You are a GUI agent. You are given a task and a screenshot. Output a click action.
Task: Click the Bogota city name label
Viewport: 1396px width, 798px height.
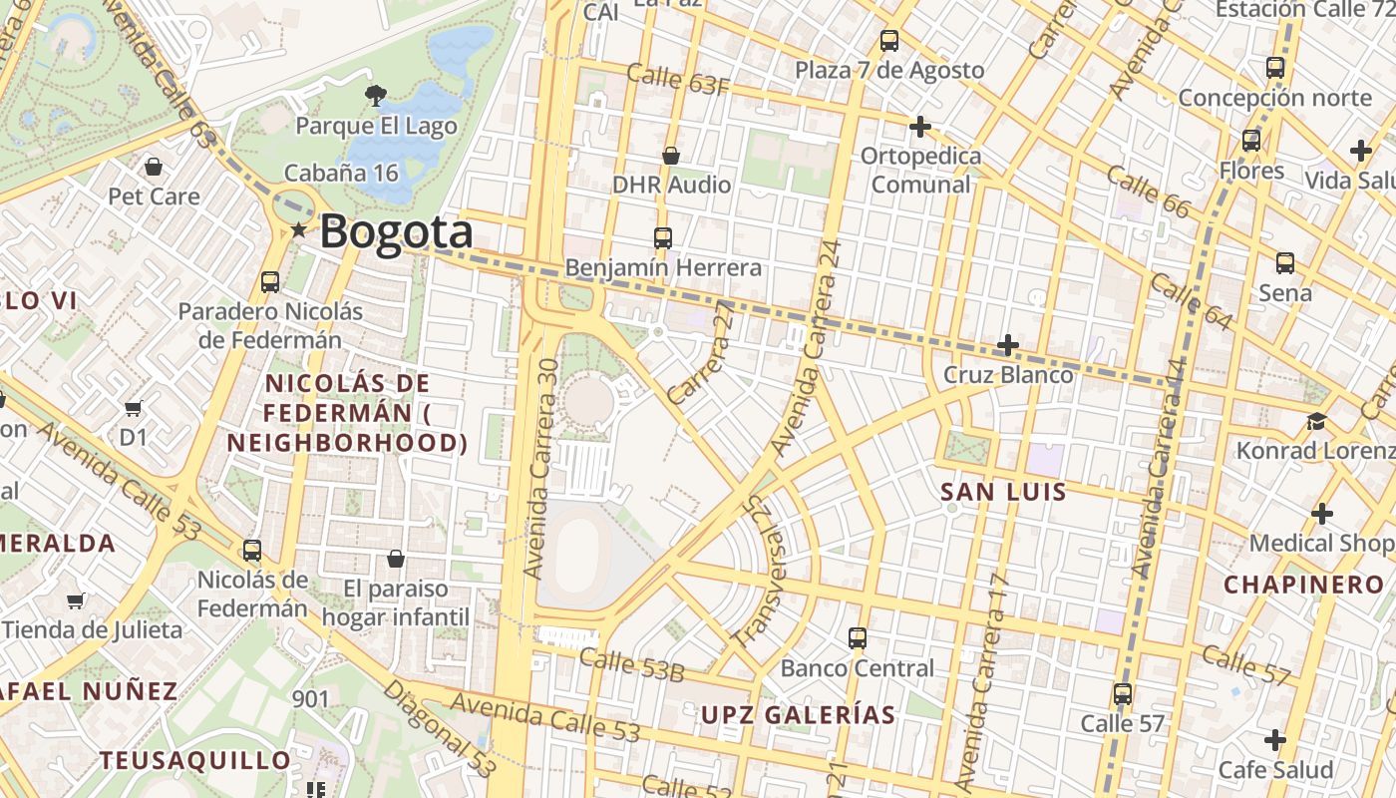point(396,232)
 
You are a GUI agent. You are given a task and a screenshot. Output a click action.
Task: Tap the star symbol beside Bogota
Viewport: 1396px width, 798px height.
point(298,231)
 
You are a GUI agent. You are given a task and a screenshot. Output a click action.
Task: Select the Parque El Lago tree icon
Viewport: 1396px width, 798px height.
point(376,96)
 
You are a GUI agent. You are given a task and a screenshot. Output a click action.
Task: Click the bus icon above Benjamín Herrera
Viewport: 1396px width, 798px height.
point(663,238)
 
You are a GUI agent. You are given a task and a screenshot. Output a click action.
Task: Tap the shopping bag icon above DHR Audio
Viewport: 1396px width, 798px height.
point(671,156)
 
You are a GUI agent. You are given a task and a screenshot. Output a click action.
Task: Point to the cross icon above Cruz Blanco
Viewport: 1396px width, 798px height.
point(1008,345)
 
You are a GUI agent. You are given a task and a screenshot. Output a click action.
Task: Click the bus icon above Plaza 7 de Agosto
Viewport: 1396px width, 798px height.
point(889,41)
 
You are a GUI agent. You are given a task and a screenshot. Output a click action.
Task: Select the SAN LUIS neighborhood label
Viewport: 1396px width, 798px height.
point(1003,492)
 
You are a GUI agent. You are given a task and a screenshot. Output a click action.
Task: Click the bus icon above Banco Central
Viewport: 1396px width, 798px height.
point(858,638)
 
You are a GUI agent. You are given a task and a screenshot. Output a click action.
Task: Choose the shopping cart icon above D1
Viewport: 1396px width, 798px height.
point(133,408)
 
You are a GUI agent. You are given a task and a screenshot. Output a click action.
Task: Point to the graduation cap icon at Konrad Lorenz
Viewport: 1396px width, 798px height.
point(1316,421)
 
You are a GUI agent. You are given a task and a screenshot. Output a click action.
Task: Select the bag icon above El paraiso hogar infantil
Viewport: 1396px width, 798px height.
point(396,559)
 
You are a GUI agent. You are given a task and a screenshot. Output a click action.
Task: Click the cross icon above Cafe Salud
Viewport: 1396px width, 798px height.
point(1274,740)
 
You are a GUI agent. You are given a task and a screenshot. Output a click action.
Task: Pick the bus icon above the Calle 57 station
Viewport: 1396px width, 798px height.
point(1123,693)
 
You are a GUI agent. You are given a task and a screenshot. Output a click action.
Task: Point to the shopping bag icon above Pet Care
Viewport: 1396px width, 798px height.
point(153,166)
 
